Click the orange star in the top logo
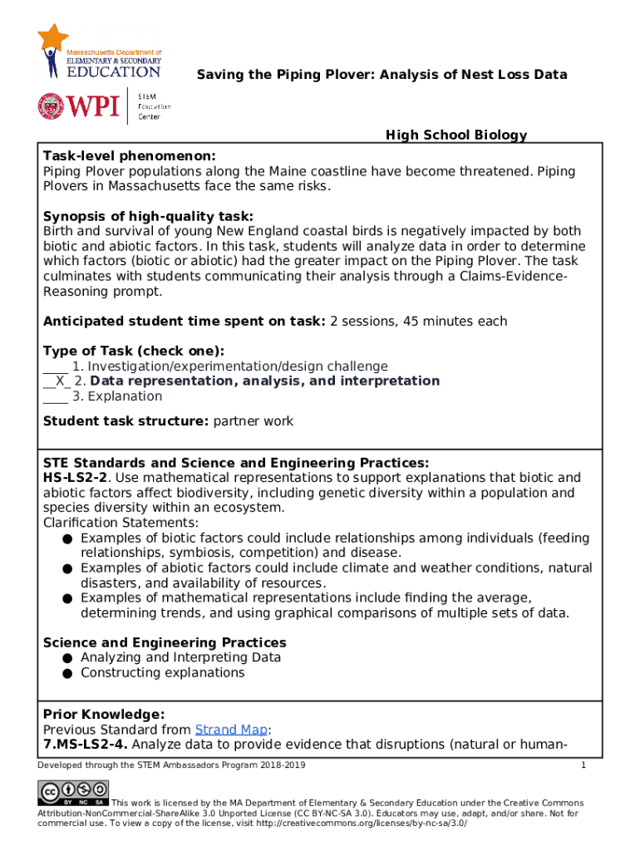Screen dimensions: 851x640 (53, 38)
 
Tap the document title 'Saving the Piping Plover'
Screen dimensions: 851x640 (382, 75)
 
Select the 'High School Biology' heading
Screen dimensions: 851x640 (456, 135)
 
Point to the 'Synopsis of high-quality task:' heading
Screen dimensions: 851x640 (142, 216)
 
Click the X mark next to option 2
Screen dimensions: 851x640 (57, 381)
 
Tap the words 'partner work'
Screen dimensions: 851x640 (254, 421)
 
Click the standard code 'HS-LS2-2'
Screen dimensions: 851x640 (76, 478)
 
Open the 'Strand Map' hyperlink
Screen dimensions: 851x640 (230, 730)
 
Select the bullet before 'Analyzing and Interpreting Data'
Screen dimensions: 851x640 (66, 658)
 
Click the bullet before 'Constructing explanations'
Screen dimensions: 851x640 (66, 673)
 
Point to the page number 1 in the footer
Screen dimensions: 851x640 (583, 765)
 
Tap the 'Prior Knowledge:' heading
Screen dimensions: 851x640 (104, 715)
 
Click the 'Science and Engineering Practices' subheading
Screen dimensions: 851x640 (165, 642)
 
